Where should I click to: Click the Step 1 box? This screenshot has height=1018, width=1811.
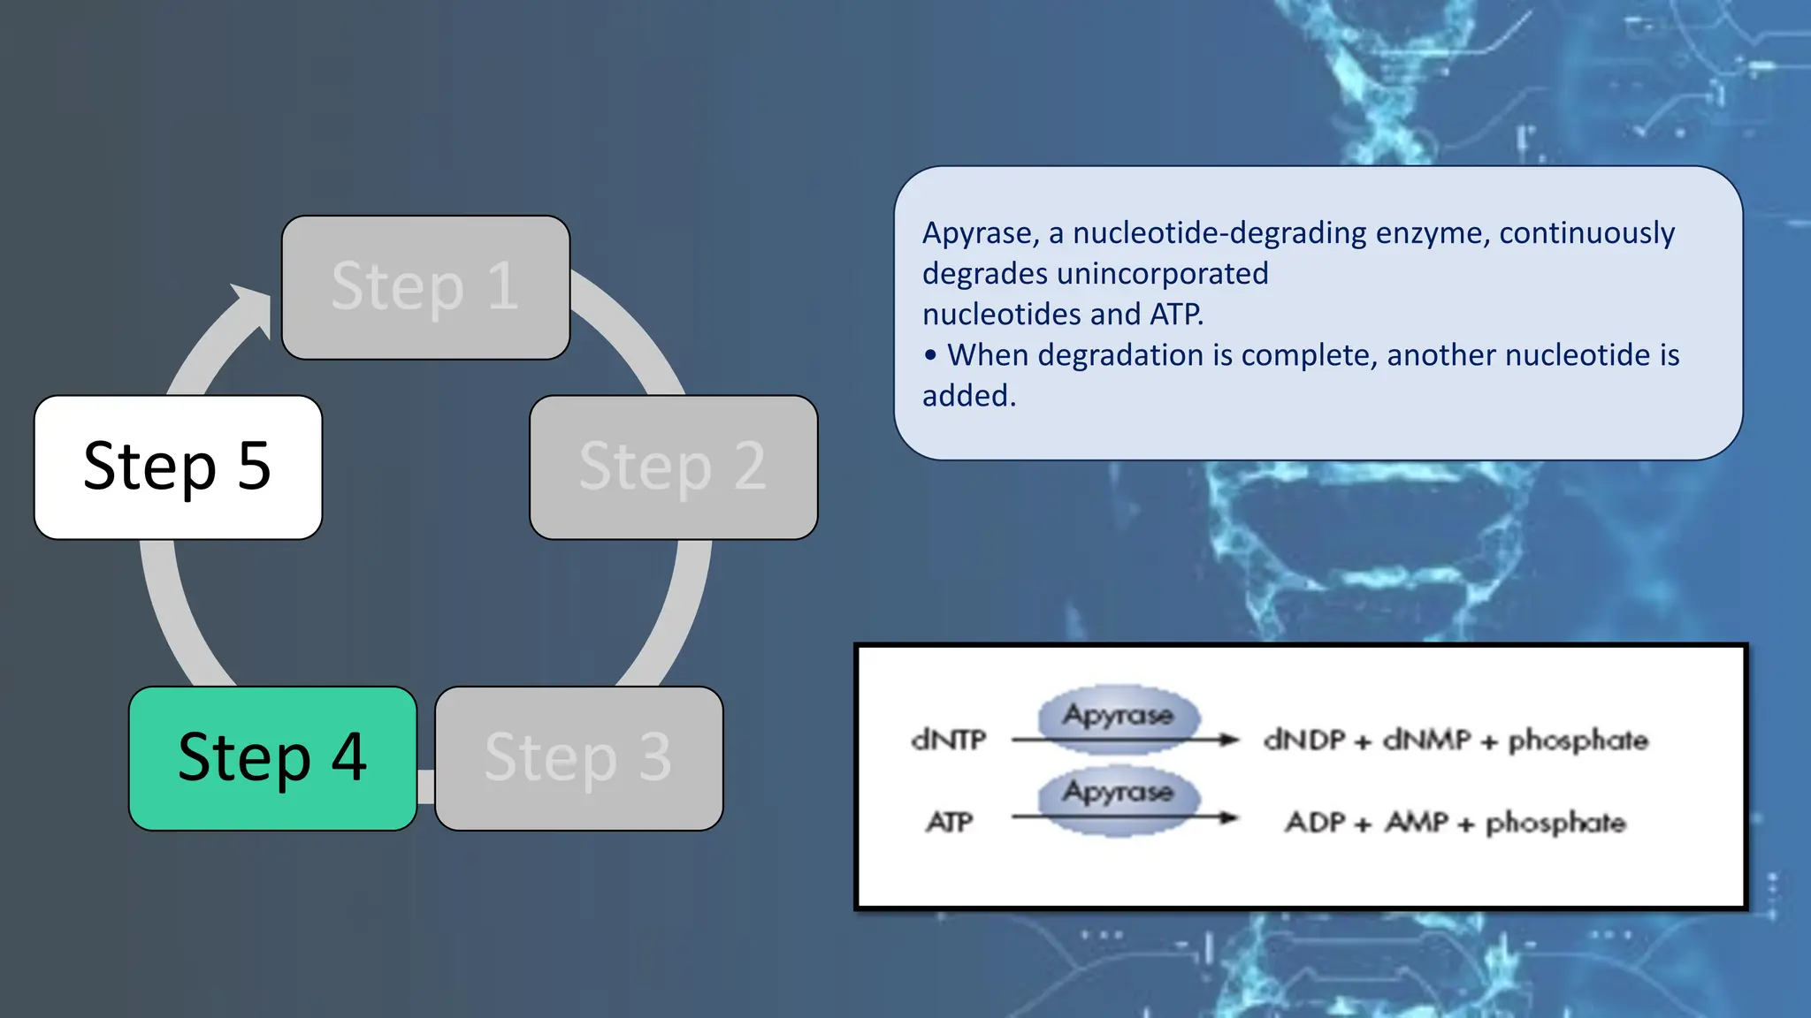tap(425, 287)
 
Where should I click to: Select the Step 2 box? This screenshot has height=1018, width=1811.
tap(673, 467)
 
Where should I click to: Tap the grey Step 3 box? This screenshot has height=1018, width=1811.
tap(579, 758)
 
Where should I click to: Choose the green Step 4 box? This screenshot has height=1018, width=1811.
tap(272, 758)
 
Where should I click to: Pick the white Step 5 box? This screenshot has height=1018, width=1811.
tap(178, 467)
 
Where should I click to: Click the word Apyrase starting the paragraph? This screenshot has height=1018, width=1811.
tap(979, 233)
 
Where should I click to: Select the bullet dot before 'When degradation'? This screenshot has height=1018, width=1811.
tap(930, 355)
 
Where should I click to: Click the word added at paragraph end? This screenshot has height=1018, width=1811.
tap(967, 396)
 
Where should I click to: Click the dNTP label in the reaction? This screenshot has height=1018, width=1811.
tap(948, 740)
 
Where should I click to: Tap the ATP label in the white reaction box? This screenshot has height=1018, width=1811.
tap(950, 823)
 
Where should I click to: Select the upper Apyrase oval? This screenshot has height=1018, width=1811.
tap(1119, 715)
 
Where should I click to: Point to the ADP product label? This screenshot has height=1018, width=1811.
tap(1315, 823)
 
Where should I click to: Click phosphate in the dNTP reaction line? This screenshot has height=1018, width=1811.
tap(1578, 740)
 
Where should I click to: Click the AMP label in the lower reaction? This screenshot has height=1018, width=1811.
tap(1417, 823)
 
